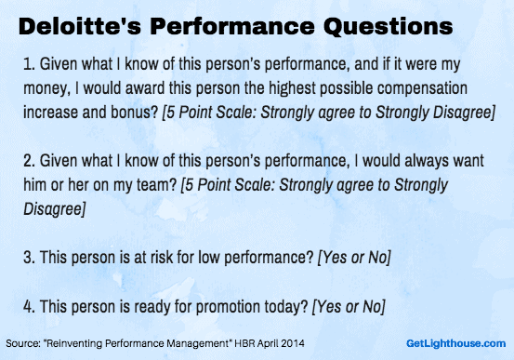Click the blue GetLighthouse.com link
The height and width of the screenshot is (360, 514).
coord(458,343)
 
